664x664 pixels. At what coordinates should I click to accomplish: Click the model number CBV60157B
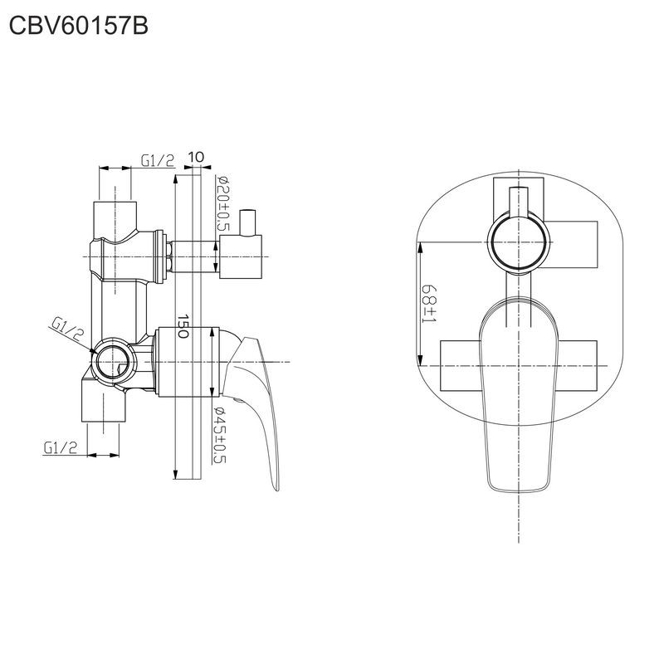79,27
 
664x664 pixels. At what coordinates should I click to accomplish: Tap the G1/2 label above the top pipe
157,160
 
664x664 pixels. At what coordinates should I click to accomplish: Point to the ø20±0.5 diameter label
222,203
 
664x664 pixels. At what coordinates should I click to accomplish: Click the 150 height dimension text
184,325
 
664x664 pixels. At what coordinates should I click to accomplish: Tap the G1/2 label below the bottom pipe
61,447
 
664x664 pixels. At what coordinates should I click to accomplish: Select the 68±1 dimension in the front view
429,303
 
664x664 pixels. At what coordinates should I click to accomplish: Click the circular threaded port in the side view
113,362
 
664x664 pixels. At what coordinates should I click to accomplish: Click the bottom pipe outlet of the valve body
105,412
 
